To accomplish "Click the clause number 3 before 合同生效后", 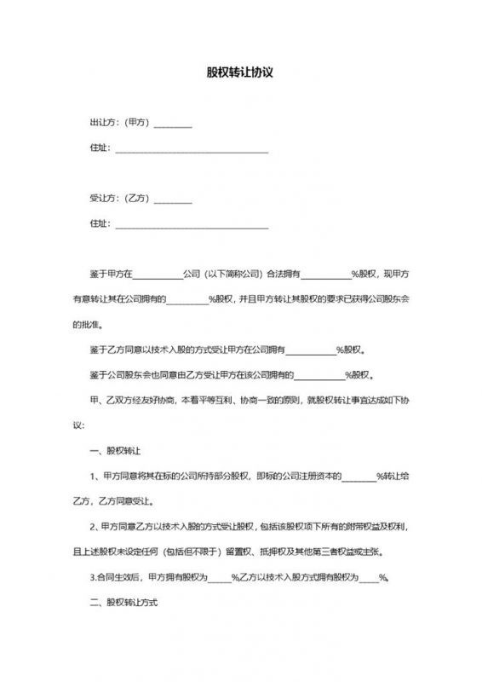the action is coord(91,576).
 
